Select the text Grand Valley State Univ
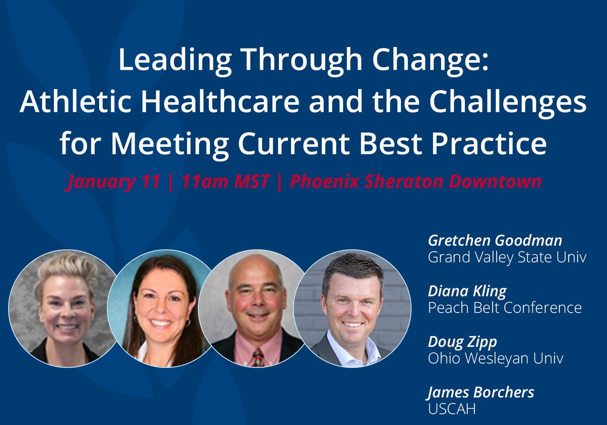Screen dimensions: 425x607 507,257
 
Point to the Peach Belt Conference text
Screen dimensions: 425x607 505,307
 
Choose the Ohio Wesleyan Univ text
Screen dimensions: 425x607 496,358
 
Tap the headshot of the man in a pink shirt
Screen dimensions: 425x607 256,309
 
